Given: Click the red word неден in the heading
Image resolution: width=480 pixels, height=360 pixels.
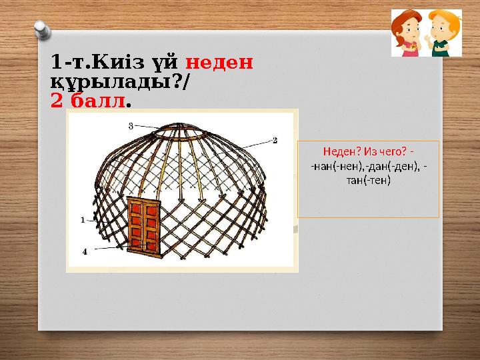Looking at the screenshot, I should pyautogui.click(x=219, y=62).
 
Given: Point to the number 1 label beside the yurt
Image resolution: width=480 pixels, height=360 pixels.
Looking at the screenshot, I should pyautogui.click(x=82, y=218).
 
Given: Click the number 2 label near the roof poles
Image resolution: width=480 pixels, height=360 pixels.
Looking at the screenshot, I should pyautogui.click(x=274, y=141).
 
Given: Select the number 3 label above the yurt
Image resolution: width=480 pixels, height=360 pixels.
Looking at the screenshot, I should pyautogui.click(x=131, y=125).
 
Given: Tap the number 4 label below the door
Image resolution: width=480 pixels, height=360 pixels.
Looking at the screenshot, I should pyautogui.click(x=85, y=251).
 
